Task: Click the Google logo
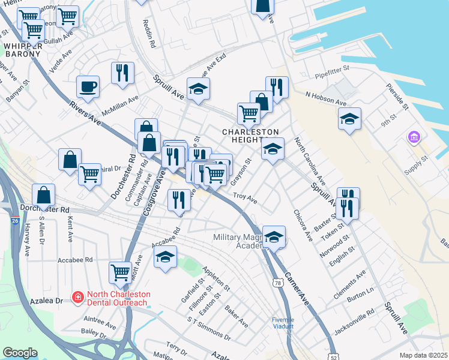20,353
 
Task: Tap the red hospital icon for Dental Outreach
77,296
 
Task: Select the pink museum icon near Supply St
413,138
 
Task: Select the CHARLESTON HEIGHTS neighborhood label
251,136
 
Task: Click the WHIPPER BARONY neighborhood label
22,49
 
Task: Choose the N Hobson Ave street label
327,94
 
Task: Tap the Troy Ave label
245,198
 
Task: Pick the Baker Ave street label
236,316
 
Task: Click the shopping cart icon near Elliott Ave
121,272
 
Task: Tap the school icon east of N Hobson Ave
349,119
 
